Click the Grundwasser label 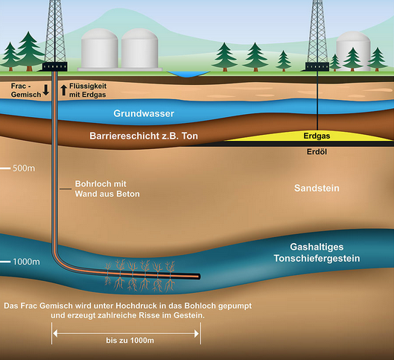[144, 113]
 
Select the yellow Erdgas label [317, 136]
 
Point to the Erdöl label [317, 151]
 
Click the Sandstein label [317, 188]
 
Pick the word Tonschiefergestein [317, 259]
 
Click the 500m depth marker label [24, 168]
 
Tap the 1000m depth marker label [26, 262]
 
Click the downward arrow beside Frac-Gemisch [45, 90]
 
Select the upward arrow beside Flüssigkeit [64, 90]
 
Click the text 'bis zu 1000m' [130, 341]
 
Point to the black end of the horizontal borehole [198, 277]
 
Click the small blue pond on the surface [188, 74]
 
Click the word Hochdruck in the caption [136, 306]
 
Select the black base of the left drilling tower [55, 66]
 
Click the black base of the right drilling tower [317, 66]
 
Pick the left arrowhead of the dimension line [55, 334]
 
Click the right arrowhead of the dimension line [197, 334]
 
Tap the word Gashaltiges [317, 247]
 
